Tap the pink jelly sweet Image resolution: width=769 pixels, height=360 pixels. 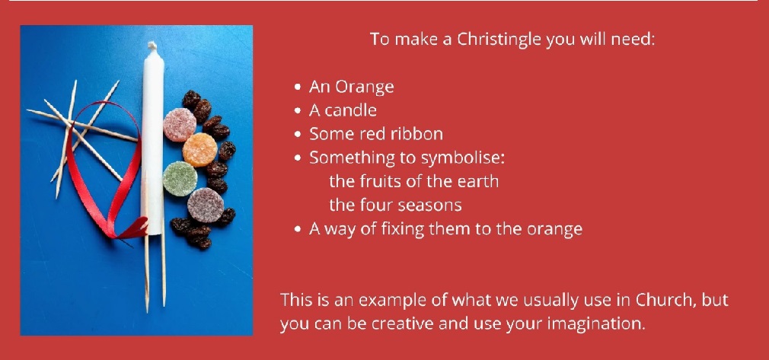click(180, 124)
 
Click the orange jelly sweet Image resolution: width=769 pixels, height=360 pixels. click(200, 150)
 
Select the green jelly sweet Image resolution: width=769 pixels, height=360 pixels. click(180, 177)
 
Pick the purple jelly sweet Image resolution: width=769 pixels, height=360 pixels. click(203, 205)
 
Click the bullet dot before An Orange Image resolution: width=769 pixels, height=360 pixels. click(298, 88)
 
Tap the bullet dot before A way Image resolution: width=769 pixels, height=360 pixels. click(298, 230)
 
